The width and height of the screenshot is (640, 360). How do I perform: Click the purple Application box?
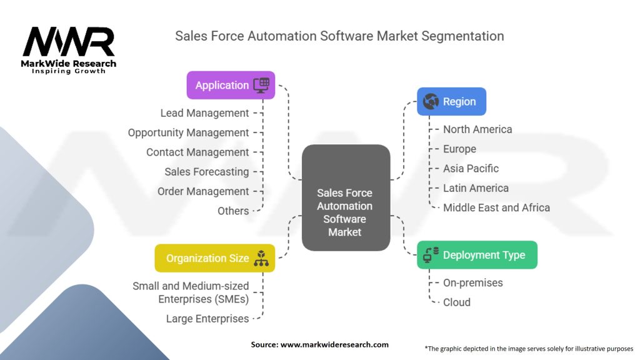coord(231,85)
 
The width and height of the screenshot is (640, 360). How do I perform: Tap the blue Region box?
coord(451,101)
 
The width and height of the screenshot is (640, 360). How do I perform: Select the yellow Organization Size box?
coord(214,258)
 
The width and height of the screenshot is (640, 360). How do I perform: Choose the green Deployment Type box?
coord(477,255)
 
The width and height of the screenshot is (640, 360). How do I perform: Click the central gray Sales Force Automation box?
coord(345,212)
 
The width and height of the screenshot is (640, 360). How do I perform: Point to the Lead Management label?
coord(204,113)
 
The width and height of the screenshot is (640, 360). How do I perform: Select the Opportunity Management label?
coord(188,132)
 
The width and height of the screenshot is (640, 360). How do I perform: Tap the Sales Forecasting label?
coord(206,171)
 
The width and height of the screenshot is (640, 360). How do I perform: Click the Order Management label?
coord(203,191)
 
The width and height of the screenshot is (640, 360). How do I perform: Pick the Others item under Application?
coord(233,211)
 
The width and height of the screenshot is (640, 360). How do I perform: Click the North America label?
coord(477,129)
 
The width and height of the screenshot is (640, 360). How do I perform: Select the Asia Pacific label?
coord(471,168)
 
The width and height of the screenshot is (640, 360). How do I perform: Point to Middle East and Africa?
coord(496,207)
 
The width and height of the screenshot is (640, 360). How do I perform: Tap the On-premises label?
coord(472,282)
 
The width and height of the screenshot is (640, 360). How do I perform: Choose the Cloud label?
coord(456,302)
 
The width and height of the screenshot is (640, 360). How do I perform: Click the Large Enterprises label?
coord(207,319)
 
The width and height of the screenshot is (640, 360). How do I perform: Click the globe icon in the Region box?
coord(431,101)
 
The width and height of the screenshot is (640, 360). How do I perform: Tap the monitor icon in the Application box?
coord(261,85)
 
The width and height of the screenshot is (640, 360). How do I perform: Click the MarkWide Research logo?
coord(69,50)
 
